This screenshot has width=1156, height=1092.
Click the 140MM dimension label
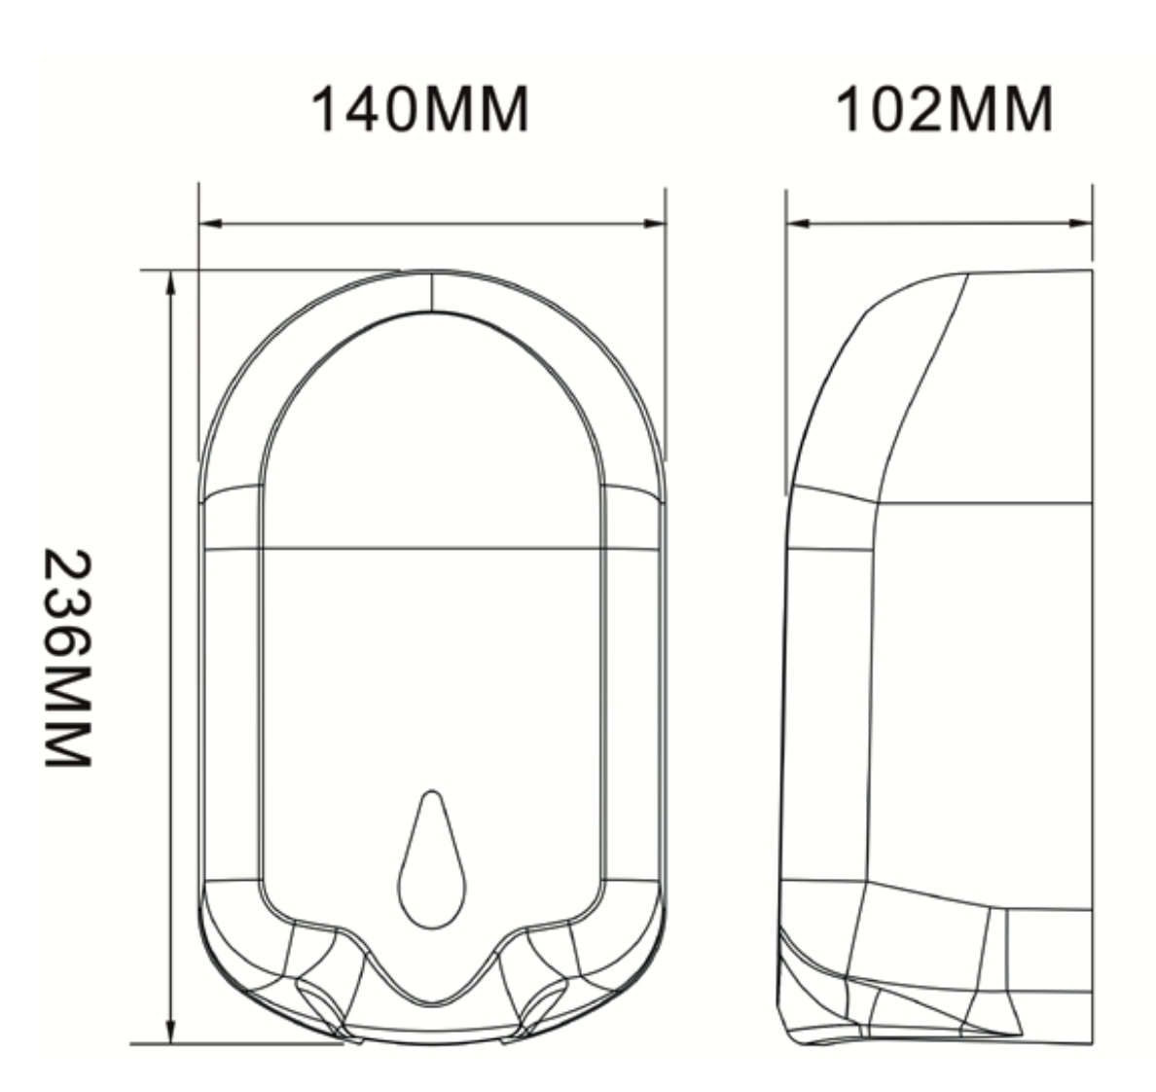click(419, 109)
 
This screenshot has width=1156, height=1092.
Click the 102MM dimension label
click(945, 109)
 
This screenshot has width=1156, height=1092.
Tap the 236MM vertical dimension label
click(68, 659)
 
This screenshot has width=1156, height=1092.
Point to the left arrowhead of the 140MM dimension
click(211, 223)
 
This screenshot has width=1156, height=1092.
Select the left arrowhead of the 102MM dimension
click(799, 223)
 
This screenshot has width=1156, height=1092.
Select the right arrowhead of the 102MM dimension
click(1080, 223)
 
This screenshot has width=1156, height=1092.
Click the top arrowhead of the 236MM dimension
click(171, 283)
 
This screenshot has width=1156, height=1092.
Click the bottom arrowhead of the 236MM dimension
click(171, 1031)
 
